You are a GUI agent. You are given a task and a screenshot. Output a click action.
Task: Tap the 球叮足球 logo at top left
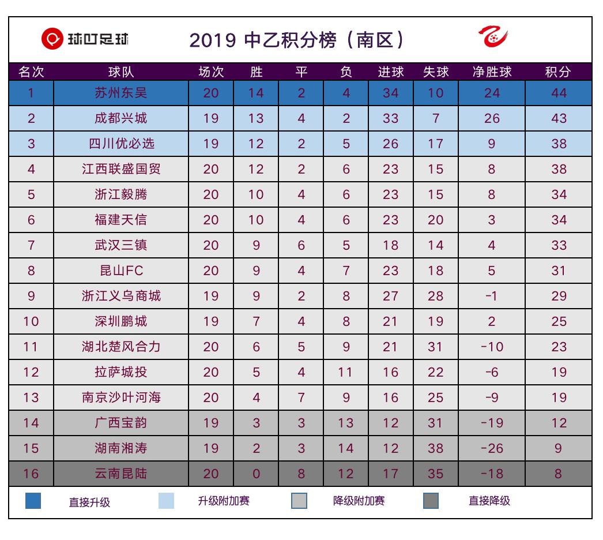pyautogui.click(x=85, y=39)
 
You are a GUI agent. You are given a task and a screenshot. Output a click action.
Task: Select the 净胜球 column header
pyautogui.click(x=492, y=72)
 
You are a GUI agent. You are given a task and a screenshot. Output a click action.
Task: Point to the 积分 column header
pyautogui.click(x=558, y=72)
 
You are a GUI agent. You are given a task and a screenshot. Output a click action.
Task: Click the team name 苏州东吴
pyautogui.click(x=121, y=93)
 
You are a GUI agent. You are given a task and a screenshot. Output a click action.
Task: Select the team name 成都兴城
pyautogui.click(x=121, y=118)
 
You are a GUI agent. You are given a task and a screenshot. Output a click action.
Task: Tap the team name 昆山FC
pyautogui.click(x=121, y=271)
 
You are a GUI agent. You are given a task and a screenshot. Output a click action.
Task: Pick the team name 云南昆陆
pyautogui.click(x=121, y=474)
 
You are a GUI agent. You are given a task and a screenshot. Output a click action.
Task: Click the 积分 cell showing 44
pyautogui.click(x=558, y=93)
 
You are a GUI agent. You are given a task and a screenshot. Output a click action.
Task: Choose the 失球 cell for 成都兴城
pyautogui.click(x=436, y=118)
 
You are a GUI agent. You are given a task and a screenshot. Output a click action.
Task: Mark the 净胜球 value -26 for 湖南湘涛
pyautogui.click(x=492, y=448)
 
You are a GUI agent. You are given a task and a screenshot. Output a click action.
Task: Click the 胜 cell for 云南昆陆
pyautogui.click(x=256, y=474)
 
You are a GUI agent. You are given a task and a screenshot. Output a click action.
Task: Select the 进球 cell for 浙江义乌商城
pyautogui.click(x=390, y=296)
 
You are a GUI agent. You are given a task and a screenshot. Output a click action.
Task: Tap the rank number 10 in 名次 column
pyautogui.click(x=31, y=321)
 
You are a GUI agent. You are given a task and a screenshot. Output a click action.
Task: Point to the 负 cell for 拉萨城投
pyautogui.click(x=346, y=372)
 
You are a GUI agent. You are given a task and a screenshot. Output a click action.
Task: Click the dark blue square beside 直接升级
pyautogui.click(x=33, y=501)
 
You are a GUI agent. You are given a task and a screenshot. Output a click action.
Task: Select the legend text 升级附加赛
pyautogui.click(x=224, y=501)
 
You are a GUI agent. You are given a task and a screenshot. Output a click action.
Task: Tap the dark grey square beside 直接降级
pyautogui.click(x=431, y=501)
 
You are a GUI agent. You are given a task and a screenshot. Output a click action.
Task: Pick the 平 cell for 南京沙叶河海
pyautogui.click(x=301, y=397)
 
